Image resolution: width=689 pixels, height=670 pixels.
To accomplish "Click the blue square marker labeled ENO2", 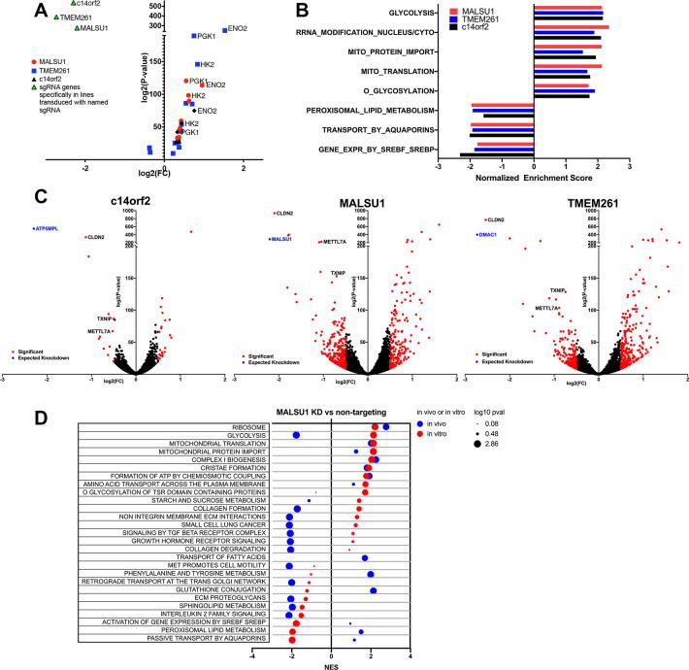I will tap(225, 30).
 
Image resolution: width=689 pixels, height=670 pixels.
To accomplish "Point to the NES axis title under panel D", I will tap(332, 665).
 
